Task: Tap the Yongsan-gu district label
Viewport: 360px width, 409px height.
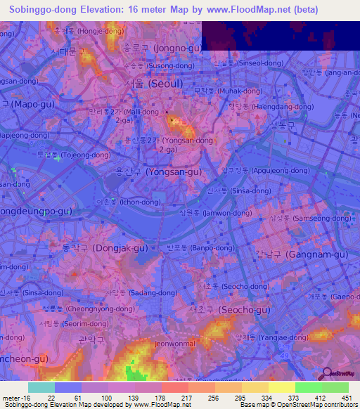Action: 164,171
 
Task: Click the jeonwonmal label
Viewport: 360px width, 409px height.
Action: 174,344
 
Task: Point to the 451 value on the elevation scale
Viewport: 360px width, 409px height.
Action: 345,398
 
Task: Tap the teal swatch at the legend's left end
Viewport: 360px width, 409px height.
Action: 41,387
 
